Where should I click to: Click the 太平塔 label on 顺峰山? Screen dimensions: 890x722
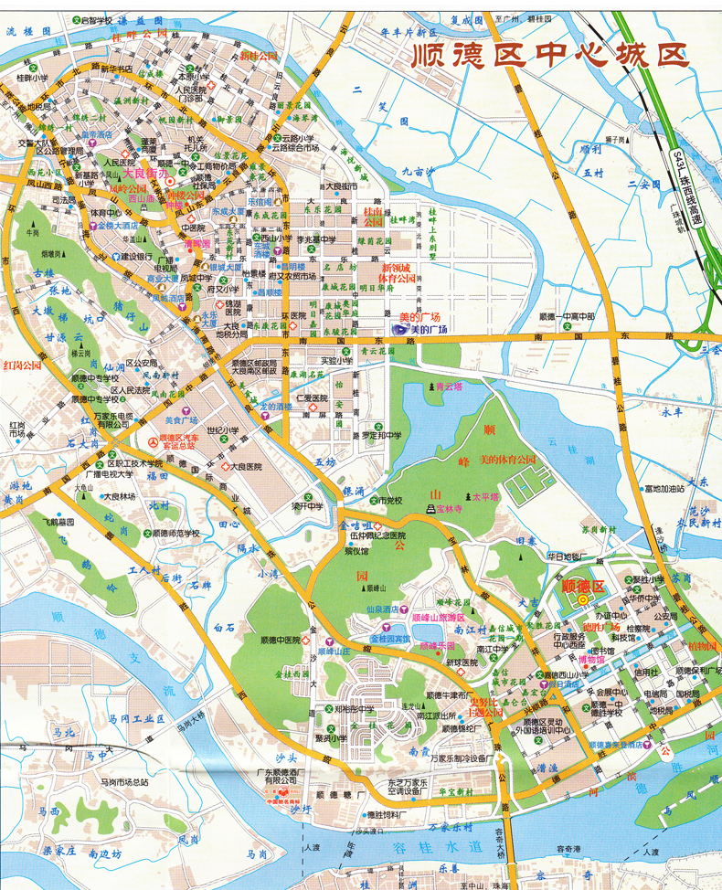coord(487,496)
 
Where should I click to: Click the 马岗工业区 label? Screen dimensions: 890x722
coord(128,718)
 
